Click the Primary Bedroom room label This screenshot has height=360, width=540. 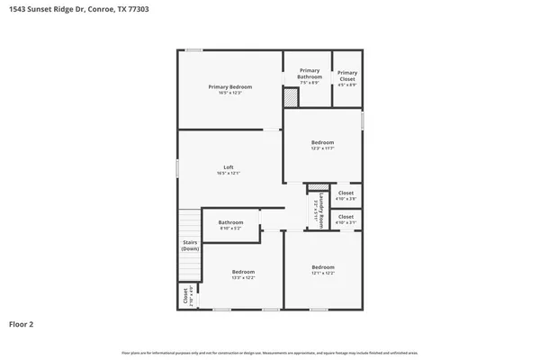click(x=229, y=87)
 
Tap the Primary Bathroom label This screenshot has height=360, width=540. click(x=310, y=74)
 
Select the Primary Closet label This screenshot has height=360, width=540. click(x=347, y=76)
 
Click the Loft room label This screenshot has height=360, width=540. click(x=229, y=167)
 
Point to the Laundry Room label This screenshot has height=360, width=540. click(x=321, y=210)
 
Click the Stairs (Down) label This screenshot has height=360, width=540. click(x=190, y=245)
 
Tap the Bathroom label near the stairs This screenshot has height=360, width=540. click(x=230, y=222)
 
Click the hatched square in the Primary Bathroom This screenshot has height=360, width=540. click(x=291, y=102)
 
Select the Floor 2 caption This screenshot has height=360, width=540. click(x=22, y=323)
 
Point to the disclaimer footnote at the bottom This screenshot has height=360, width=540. click(x=270, y=351)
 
